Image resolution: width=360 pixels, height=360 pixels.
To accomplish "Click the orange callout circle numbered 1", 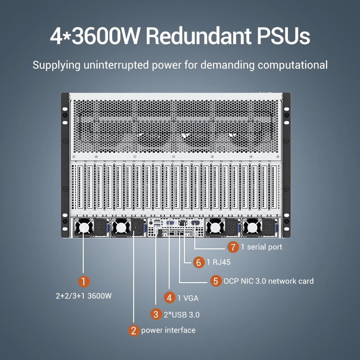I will [x=84, y=282].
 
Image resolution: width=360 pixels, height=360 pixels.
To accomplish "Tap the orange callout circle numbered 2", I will [x=133, y=330].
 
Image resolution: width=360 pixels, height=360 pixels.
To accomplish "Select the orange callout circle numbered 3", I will [x=156, y=314].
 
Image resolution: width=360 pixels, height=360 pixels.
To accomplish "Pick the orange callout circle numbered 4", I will [x=169, y=297].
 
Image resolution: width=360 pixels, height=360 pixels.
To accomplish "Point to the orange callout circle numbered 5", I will [x=216, y=281].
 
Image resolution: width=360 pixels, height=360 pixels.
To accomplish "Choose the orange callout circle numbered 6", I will [x=199, y=262].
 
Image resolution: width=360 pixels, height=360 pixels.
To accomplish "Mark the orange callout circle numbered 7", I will [x=232, y=247].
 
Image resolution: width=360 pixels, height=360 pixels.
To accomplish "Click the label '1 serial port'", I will [x=261, y=247].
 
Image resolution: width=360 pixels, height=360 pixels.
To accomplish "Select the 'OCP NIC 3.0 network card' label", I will [x=268, y=281].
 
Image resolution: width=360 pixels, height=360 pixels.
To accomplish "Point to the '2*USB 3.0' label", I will [x=182, y=314].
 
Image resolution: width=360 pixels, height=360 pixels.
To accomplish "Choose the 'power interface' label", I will [x=168, y=330].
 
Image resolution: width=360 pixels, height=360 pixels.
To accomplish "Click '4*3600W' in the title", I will [x=95, y=36].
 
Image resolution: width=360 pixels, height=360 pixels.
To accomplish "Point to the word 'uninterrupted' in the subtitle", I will [x=121, y=65].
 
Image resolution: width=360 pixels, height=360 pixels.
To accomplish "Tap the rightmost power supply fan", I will [x=252, y=228].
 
